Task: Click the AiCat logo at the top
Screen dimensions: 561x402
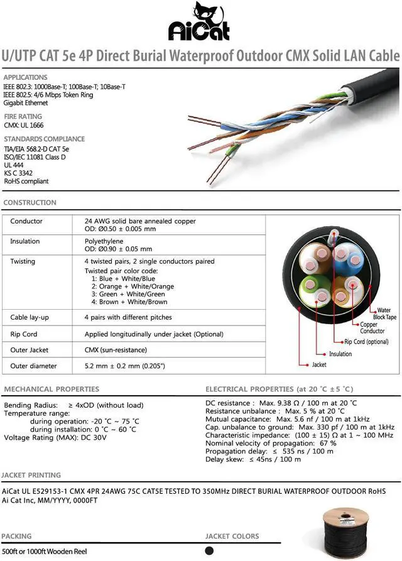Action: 200,23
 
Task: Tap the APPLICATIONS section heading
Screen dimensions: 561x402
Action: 25,77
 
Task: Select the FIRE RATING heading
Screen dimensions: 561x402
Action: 23,116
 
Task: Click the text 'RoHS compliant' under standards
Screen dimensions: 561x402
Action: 26,182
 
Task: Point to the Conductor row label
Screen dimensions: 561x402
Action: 26,222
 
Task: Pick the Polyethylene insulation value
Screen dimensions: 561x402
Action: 104,241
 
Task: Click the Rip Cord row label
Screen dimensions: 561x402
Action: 24,334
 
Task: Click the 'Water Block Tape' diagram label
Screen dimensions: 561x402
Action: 384,313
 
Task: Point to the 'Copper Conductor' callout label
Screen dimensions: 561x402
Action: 372,328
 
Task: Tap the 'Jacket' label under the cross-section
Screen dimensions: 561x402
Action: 319,364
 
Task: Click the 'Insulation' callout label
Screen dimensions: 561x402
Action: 340,354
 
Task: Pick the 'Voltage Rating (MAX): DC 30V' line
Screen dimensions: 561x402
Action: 55,437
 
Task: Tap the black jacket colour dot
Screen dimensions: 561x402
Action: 209,551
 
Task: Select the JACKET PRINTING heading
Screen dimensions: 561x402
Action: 31,475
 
